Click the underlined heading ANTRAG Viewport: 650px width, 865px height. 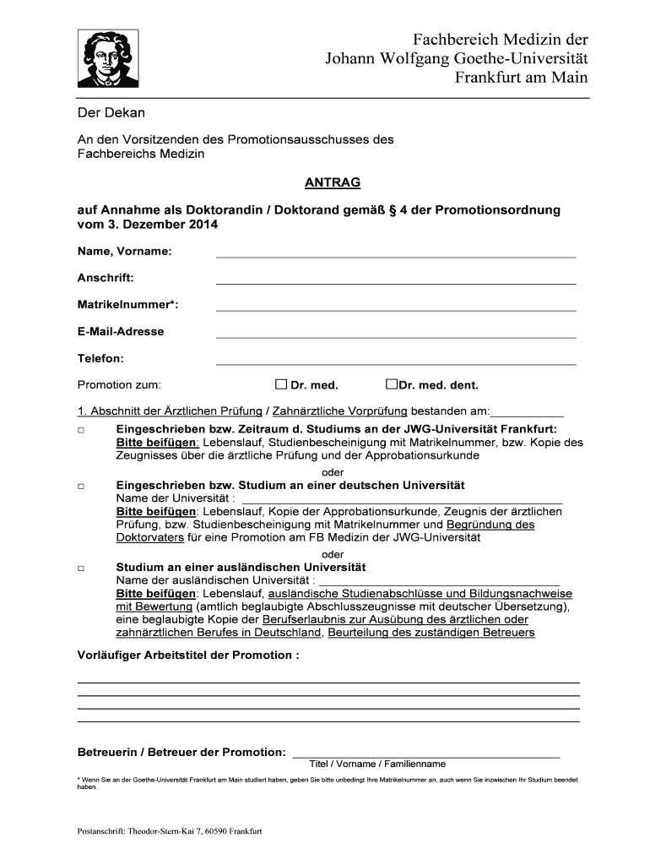click(332, 182)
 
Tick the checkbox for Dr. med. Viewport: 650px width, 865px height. click(281, 384)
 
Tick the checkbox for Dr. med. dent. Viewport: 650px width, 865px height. click(391, 384)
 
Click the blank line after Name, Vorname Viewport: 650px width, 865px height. click(396, 254)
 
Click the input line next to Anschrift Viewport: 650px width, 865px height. click(396, 281)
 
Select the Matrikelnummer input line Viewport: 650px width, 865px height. click(396, 308)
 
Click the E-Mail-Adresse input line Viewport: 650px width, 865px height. click(396, 335)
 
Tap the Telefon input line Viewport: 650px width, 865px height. click(396, 362)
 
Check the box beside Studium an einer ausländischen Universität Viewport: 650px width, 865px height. click(81, 569)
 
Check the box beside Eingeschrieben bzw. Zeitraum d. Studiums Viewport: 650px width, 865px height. click(81, 431)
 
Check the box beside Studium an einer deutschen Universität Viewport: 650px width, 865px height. click(81, 487)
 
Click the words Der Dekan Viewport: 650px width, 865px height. click(111, 112)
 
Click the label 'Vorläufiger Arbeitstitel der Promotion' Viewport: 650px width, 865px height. click(188, 656)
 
